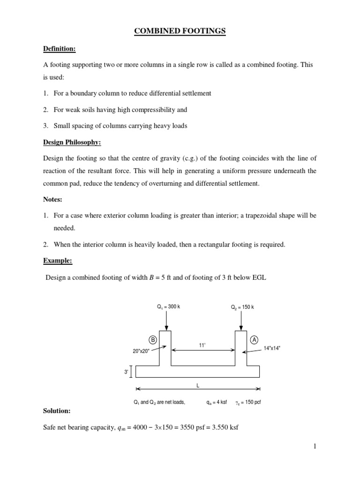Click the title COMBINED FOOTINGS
pyautogui.click(x=180, y=31)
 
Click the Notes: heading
pyautogui.click(x=52, y=199)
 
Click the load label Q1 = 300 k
pyautogui.click(x=168, y=307)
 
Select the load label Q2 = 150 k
pyautogui.click(x=242, y=307)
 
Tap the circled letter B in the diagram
pyautogui.click(x=153, y=340)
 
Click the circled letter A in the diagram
pyautogui.click(x=255, y=340)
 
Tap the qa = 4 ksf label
pyautogui.click(x=217, y=402)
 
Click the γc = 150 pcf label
pyautogui.click(x=247, y=402)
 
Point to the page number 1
pyautogui.click(x=315, y=447)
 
